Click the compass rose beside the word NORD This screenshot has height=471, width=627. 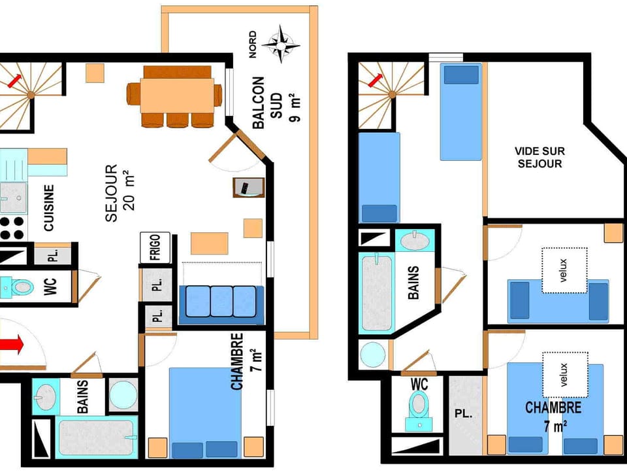pos(281,43)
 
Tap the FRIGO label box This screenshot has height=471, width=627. pos(155,247)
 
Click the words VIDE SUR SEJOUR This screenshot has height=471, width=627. pos(540,157)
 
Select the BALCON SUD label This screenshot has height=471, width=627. pos(268,102)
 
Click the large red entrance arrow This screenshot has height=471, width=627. pos(12,344)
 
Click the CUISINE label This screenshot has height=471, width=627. pos(49,208)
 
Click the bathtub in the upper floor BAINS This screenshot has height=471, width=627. pos(377,292)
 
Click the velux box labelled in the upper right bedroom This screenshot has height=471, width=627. pos(564,270)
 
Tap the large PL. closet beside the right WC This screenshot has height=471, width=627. pos(464,415)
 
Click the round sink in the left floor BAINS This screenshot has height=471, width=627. pos(46,396)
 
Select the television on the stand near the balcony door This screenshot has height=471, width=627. pos(247,187)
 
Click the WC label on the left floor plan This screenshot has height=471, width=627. pos(51,287)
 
